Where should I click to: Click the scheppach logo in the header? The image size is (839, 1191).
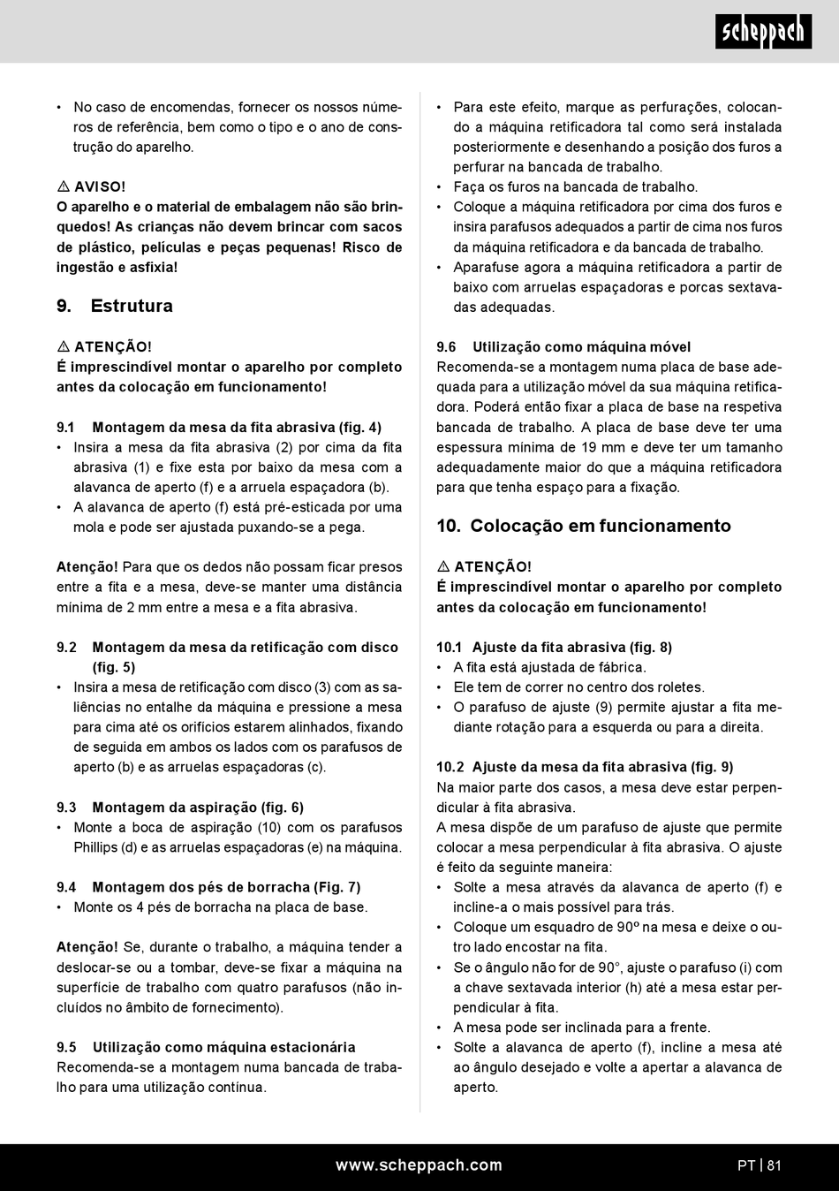tap(763, 32)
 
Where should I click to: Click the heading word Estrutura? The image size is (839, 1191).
tap(132, 306)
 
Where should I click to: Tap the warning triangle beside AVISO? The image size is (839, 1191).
tap(64, 187)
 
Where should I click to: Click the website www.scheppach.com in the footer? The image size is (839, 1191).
tap(419, 1165)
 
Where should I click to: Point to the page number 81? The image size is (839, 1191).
tap(775, 1165)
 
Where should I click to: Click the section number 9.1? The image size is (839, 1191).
tap(66, 428)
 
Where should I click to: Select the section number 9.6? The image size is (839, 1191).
tap(446, 347)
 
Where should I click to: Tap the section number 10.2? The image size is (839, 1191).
tap(450, 767)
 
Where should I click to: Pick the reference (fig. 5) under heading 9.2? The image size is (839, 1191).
tap(114, 667)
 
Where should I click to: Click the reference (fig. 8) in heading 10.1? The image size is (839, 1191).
tap(651, 647)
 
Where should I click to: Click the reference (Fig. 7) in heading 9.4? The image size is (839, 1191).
tap(337, 887)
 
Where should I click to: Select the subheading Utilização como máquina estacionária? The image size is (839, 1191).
tap(224, 1047)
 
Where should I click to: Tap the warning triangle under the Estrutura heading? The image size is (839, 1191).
tap(64, 347)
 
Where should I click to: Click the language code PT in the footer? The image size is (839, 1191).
tap(746, 1165)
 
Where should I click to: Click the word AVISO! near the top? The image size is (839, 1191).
tap(100, 187)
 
